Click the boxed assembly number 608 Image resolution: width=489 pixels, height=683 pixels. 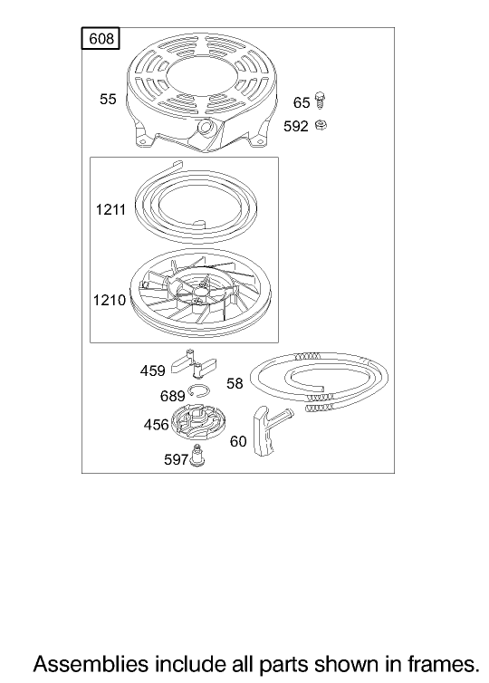click(x=101, y=39)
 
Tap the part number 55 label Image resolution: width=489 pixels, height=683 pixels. click(x=108, y=100)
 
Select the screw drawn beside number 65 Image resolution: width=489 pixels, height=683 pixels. click(x=320, y=101)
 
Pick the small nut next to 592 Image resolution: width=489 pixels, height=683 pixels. click(x=321, y=125)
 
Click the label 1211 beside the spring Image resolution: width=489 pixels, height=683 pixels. click(x=110, y=210)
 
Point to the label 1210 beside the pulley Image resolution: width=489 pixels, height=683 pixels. click(x=110, y=300)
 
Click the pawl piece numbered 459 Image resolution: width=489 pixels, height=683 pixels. click(x=193, y=363)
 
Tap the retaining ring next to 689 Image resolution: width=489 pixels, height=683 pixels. click(x=199, y=391)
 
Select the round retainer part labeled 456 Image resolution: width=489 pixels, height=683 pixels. click(x=198, y=423)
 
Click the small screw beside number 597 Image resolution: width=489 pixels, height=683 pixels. click(x=198, y=456)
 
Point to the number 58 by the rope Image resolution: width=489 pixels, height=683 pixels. click(x=235, y=384)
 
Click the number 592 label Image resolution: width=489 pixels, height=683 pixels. click(x=296, y=126)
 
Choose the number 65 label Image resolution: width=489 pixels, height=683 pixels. click(x=302, y=102)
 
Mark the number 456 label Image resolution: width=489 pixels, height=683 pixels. click(x=156, y=425)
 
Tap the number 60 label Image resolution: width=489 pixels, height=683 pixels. click(x=238, y=442)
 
